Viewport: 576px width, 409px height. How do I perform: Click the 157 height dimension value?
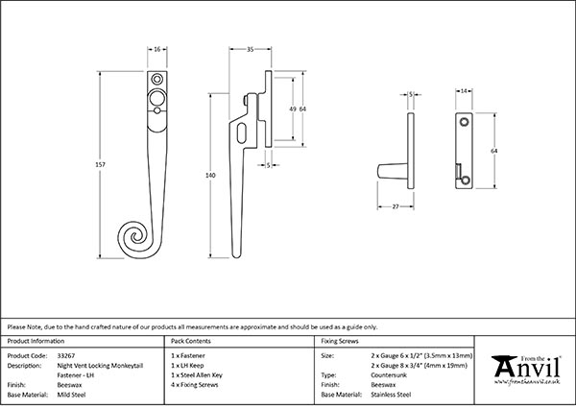click(99, 164)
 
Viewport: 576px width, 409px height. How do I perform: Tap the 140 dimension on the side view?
click(211, 176)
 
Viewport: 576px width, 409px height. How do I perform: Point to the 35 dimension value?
click(249, 48)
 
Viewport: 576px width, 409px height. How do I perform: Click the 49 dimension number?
click(292, 108)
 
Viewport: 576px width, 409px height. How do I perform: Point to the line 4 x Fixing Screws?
click(196, 385)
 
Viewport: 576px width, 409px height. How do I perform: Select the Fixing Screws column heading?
click(339, 342)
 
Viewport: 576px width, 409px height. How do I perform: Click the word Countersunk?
click(389, 375)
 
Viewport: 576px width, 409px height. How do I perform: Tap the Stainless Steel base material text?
click(391, 395)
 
